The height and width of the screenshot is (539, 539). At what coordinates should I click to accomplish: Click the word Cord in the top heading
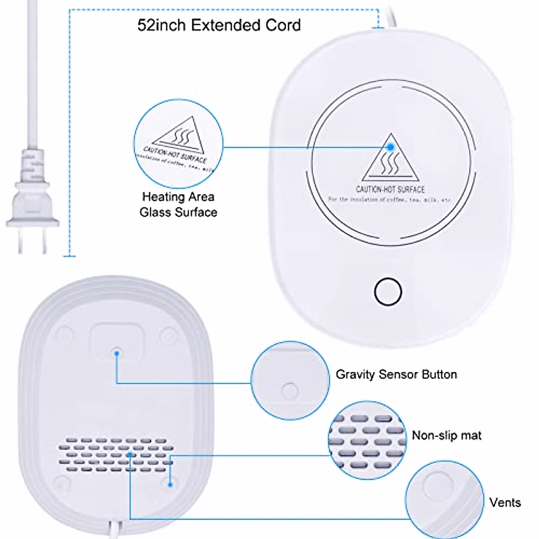283,25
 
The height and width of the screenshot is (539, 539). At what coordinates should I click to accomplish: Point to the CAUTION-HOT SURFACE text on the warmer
390,190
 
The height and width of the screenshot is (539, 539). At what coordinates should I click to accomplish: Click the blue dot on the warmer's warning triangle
391,146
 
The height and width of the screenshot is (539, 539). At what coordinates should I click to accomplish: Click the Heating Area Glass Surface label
178,204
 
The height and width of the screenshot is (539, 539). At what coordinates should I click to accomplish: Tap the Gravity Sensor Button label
396,374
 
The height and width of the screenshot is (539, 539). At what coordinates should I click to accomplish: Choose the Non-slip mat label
446,435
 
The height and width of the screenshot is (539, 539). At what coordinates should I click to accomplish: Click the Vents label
505,502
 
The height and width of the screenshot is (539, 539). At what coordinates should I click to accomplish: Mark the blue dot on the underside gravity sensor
117,353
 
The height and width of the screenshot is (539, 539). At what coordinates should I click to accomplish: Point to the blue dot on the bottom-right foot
170,485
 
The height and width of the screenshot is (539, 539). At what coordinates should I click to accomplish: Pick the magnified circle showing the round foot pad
444,499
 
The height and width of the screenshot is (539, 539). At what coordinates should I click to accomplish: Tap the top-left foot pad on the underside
64,335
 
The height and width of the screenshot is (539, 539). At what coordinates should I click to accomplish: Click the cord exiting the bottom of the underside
114,530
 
